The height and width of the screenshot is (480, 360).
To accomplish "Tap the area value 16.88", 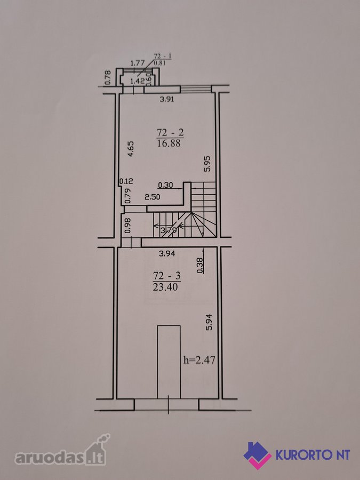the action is [x=169, y=143].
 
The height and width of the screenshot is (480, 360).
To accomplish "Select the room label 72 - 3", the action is [x=167, y=276].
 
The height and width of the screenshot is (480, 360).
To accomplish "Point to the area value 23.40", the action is [x=165, y=287].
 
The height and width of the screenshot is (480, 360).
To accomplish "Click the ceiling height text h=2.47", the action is [x=199, y=359].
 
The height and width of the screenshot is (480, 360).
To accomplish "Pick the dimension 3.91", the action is [x=167, y=99].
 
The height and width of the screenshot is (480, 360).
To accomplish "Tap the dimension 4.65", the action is [x=131, y=149].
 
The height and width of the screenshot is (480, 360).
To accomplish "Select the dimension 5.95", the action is [x=208, y=164].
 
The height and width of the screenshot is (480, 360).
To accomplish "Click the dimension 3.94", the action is [x=167, y=253].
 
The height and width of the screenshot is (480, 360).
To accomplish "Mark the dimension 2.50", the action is [x=152, y=197].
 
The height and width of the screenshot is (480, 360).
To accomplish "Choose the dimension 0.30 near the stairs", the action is [x=165, y=185].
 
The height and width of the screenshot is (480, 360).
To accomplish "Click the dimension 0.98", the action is [x=127, y=225].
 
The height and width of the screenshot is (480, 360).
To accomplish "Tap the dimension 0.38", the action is [x=200, y=265].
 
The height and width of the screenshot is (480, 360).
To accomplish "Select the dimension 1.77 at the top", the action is [x=137, y=63].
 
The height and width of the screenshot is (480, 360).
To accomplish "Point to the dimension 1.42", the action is [x=137, y=81].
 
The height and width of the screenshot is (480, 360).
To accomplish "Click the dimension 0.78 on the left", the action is [x=107, y=78].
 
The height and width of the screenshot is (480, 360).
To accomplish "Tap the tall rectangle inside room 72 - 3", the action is [x=169, y=362].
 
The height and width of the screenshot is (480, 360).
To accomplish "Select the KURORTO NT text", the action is [x=313, y=455].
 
